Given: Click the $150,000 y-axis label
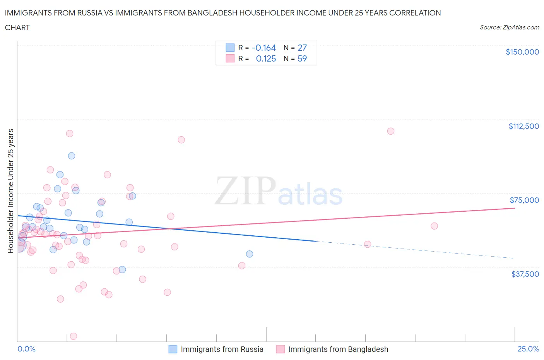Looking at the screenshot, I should (522, 52).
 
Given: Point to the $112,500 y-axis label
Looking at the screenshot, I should (523, 126).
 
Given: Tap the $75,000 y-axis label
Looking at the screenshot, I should (524, 200).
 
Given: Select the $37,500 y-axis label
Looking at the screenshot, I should (525, 274).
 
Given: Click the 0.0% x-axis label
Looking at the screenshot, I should (26, 349).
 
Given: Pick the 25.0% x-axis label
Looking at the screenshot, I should (528, 349).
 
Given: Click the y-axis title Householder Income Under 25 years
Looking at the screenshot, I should (10, 191).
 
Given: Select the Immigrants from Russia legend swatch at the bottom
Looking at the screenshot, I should (173, 349).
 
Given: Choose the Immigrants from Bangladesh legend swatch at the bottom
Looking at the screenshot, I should (280, 349).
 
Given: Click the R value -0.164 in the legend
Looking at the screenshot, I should (263, 48).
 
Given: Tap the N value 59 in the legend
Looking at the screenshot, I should (302, 58).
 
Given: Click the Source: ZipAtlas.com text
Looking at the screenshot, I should (509, 27).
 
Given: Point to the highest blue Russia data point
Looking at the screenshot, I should (72, 156).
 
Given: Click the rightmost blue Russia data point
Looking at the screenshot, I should (250, 254).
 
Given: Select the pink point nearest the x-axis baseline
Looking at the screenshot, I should (74, 336).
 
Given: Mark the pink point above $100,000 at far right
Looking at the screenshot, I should (391, 131).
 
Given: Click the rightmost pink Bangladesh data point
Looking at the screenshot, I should (434, 226).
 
